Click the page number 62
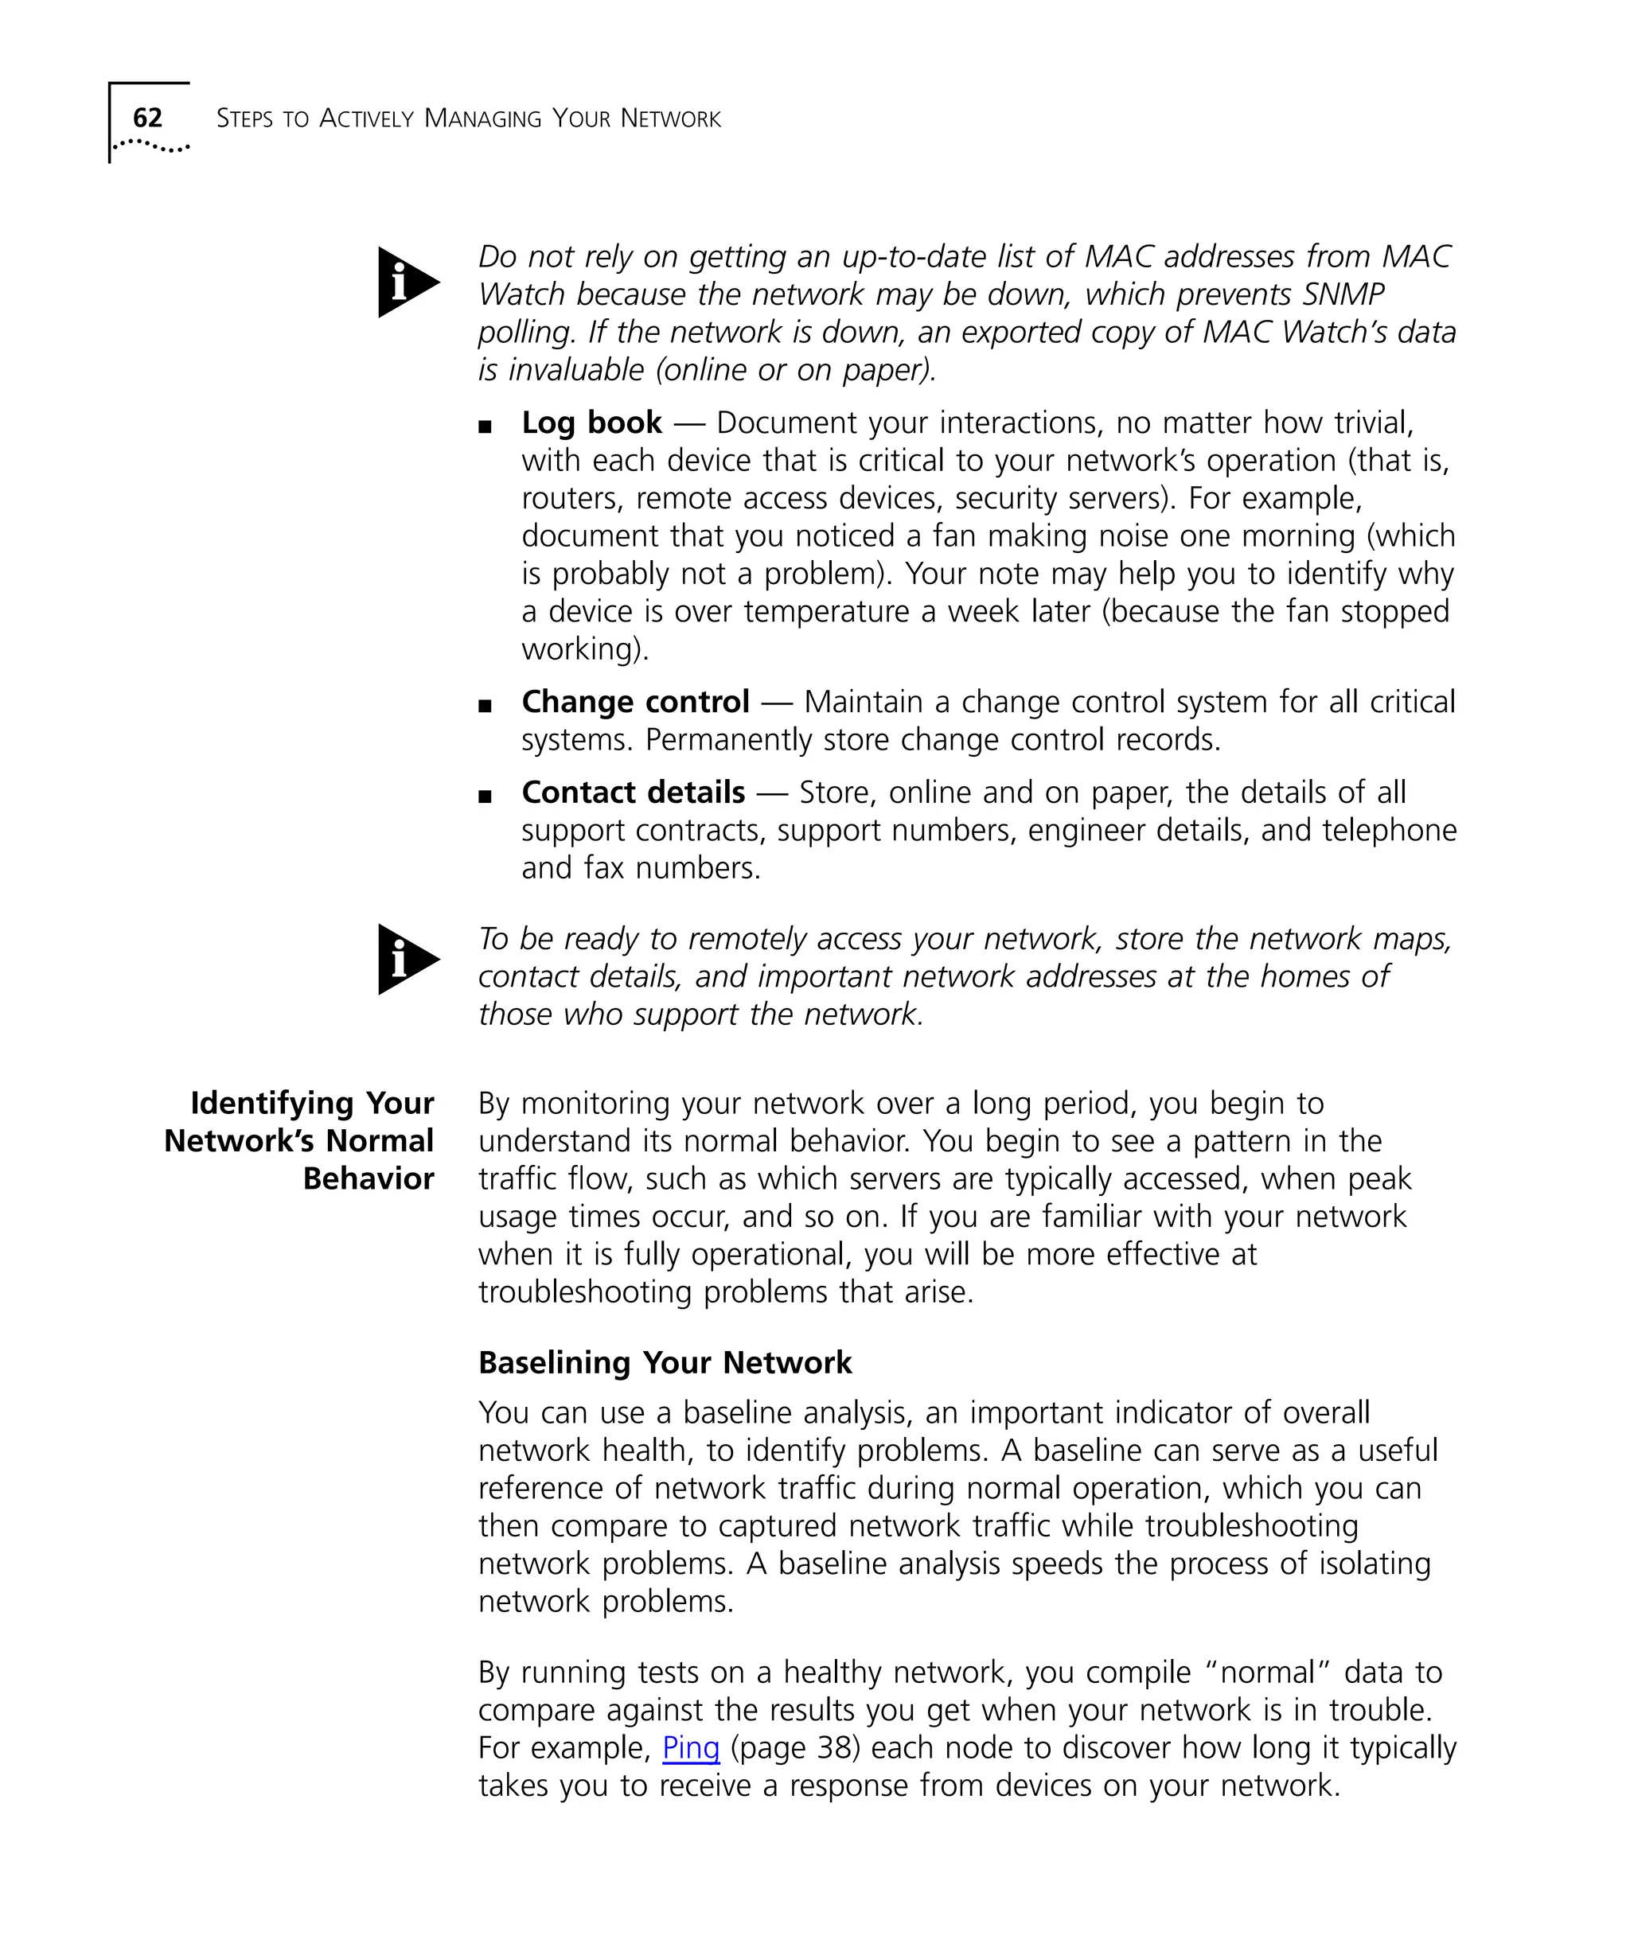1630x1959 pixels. [x=147, y=118]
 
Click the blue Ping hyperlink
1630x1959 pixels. [x=690, y=1747]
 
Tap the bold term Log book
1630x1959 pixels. [x=591, y=423]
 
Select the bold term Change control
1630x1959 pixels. [x=635, y=702]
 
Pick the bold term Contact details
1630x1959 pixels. [x=634, y=792]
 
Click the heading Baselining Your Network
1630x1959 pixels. [x=665, y=1363]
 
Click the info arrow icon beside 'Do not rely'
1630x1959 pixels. [x=407, y=282]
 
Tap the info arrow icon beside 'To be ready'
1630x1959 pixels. [x=407, y=959]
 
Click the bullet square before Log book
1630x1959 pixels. [x=484, y=427]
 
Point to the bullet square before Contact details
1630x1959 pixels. [x=484, y=796]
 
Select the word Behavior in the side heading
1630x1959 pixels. [x=369, y=1178]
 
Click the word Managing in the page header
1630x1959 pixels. [x=482, y=119]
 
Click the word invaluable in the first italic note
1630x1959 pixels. [x=575, y=369]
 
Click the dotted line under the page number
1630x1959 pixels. [x=151, y=146]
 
